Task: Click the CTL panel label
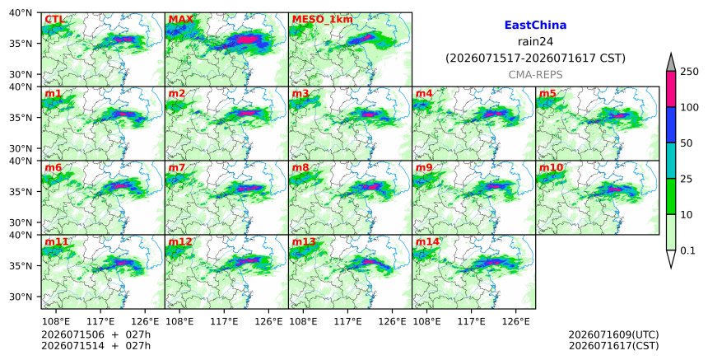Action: coord(54,20)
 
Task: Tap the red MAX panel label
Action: coord(180,20)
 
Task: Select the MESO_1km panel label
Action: coord(323,20)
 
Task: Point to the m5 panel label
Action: coord(547,93)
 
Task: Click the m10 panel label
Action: coord(551,167)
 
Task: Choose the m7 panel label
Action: coord(176,167)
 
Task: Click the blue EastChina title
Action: coord(535,26)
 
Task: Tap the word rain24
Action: coord(535,42)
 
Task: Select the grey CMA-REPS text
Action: coord(535,75)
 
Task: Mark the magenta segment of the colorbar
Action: coord(670,89)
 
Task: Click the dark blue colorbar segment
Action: coord(670,125)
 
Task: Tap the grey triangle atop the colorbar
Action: coord(670,63)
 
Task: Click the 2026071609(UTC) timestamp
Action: coord(613,334)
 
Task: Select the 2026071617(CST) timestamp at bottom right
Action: coord(613,346)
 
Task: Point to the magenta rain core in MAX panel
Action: coord(246,40)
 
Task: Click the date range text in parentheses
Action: coord(535,58)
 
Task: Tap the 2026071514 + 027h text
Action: coord(95,346)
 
